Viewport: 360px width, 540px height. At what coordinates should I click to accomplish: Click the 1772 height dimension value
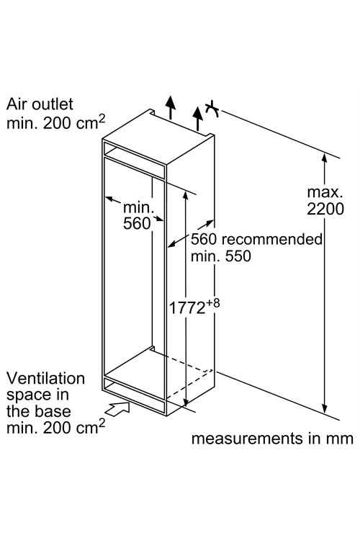coord(187,307)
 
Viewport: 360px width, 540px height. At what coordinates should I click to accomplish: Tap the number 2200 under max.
coord(325,209)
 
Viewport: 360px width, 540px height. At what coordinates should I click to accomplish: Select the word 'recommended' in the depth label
coord(272,239)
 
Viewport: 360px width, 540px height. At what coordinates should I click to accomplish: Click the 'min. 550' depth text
coord(221,256)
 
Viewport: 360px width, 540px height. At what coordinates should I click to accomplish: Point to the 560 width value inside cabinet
coord(137,223)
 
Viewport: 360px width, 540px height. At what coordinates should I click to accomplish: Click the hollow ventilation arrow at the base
coord(117,409)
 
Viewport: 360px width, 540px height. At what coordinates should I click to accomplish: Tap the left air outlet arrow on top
coord(170,107)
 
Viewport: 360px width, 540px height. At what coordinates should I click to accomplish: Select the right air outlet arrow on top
coord(197,119)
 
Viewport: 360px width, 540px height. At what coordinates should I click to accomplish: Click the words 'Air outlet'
coord(40,104)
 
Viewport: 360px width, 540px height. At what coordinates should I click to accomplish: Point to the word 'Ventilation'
coord(45,378)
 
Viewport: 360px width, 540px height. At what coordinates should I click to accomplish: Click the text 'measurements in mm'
coord(272,438)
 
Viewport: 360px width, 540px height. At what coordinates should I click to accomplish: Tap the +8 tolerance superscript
coord(213,303)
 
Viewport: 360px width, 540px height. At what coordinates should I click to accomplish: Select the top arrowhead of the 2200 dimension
coord(324,158)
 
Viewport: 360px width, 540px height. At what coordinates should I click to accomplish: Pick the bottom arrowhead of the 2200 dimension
coord(324,408)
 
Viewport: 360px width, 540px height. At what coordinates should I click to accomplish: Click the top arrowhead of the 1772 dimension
coord(185,194)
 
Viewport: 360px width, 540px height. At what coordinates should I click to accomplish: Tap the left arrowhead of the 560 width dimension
coord(109,199)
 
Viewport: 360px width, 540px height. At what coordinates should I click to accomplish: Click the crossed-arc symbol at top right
coord(212,109)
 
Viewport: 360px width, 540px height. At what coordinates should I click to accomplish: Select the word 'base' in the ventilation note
coord(55,412)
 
